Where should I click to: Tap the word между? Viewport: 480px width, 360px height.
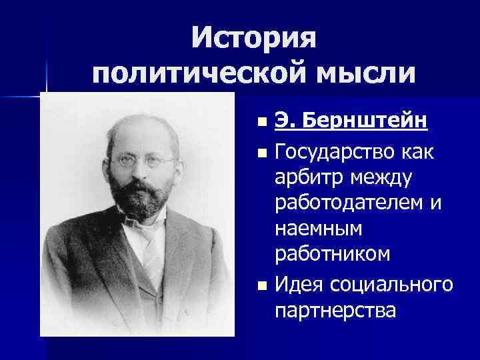point(381,178)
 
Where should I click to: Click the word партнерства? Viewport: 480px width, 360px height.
point(334,311)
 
